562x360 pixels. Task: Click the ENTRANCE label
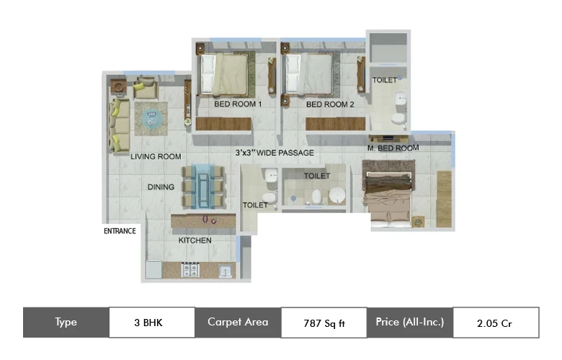point(120,231)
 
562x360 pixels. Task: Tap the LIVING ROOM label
point(156,156)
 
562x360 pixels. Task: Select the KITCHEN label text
point(195,240)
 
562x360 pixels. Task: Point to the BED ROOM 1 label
point(238,104)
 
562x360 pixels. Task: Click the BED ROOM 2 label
point(330,104)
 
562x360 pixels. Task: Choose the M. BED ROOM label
point(393,148)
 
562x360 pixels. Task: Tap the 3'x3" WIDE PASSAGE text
point(275,153)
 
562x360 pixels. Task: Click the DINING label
point(161,187)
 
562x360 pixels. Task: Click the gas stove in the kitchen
point(190,270)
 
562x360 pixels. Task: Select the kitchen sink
point(226,271)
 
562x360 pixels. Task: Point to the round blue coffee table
point(151,118)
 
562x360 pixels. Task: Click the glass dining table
point(204,186)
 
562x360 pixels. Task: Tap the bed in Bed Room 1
point(224,74)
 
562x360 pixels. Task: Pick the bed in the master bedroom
point(388,199)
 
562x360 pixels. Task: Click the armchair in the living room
point(145,88)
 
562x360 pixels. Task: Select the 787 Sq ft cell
point(324,323)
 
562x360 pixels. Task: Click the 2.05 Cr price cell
point(496,323)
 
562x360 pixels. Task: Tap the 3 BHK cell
point(152,323)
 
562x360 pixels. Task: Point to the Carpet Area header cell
point(238,322)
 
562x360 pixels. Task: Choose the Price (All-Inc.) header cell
point(410,322)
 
